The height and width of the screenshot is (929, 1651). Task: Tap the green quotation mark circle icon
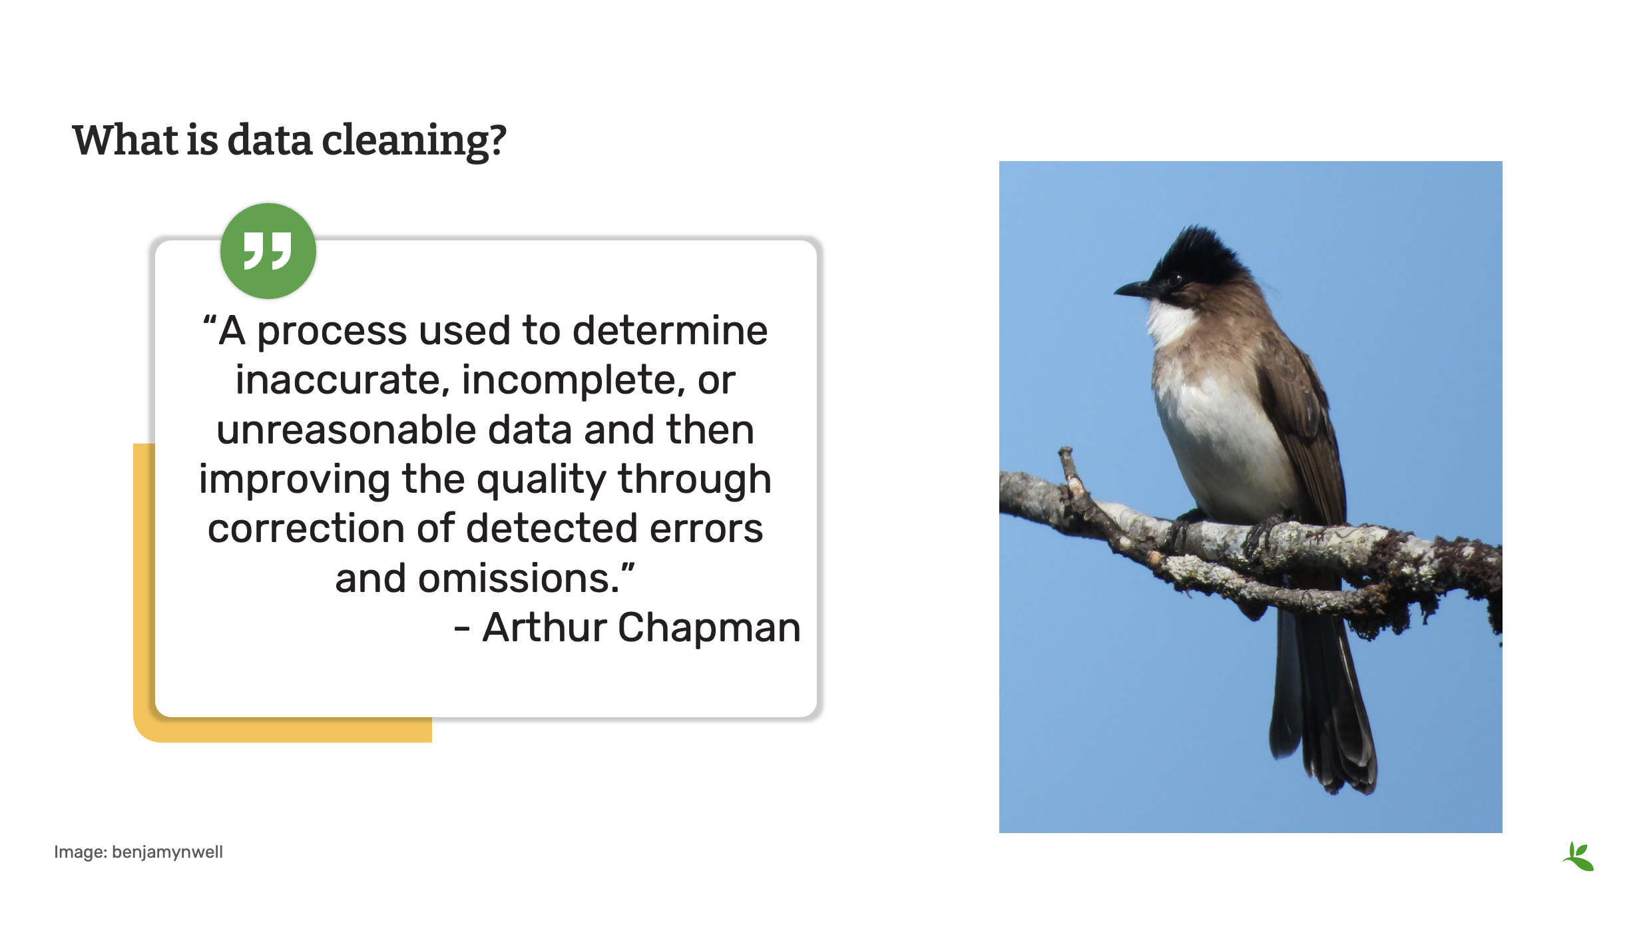point(268,251)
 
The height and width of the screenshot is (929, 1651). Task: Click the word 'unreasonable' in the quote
point(346,430)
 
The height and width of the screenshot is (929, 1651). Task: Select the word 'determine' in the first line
point(670,331)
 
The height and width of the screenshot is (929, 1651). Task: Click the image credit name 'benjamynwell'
point(167,852)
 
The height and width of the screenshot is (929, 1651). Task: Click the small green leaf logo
point(1578,856)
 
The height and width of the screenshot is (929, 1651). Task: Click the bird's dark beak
point(1132,290)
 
